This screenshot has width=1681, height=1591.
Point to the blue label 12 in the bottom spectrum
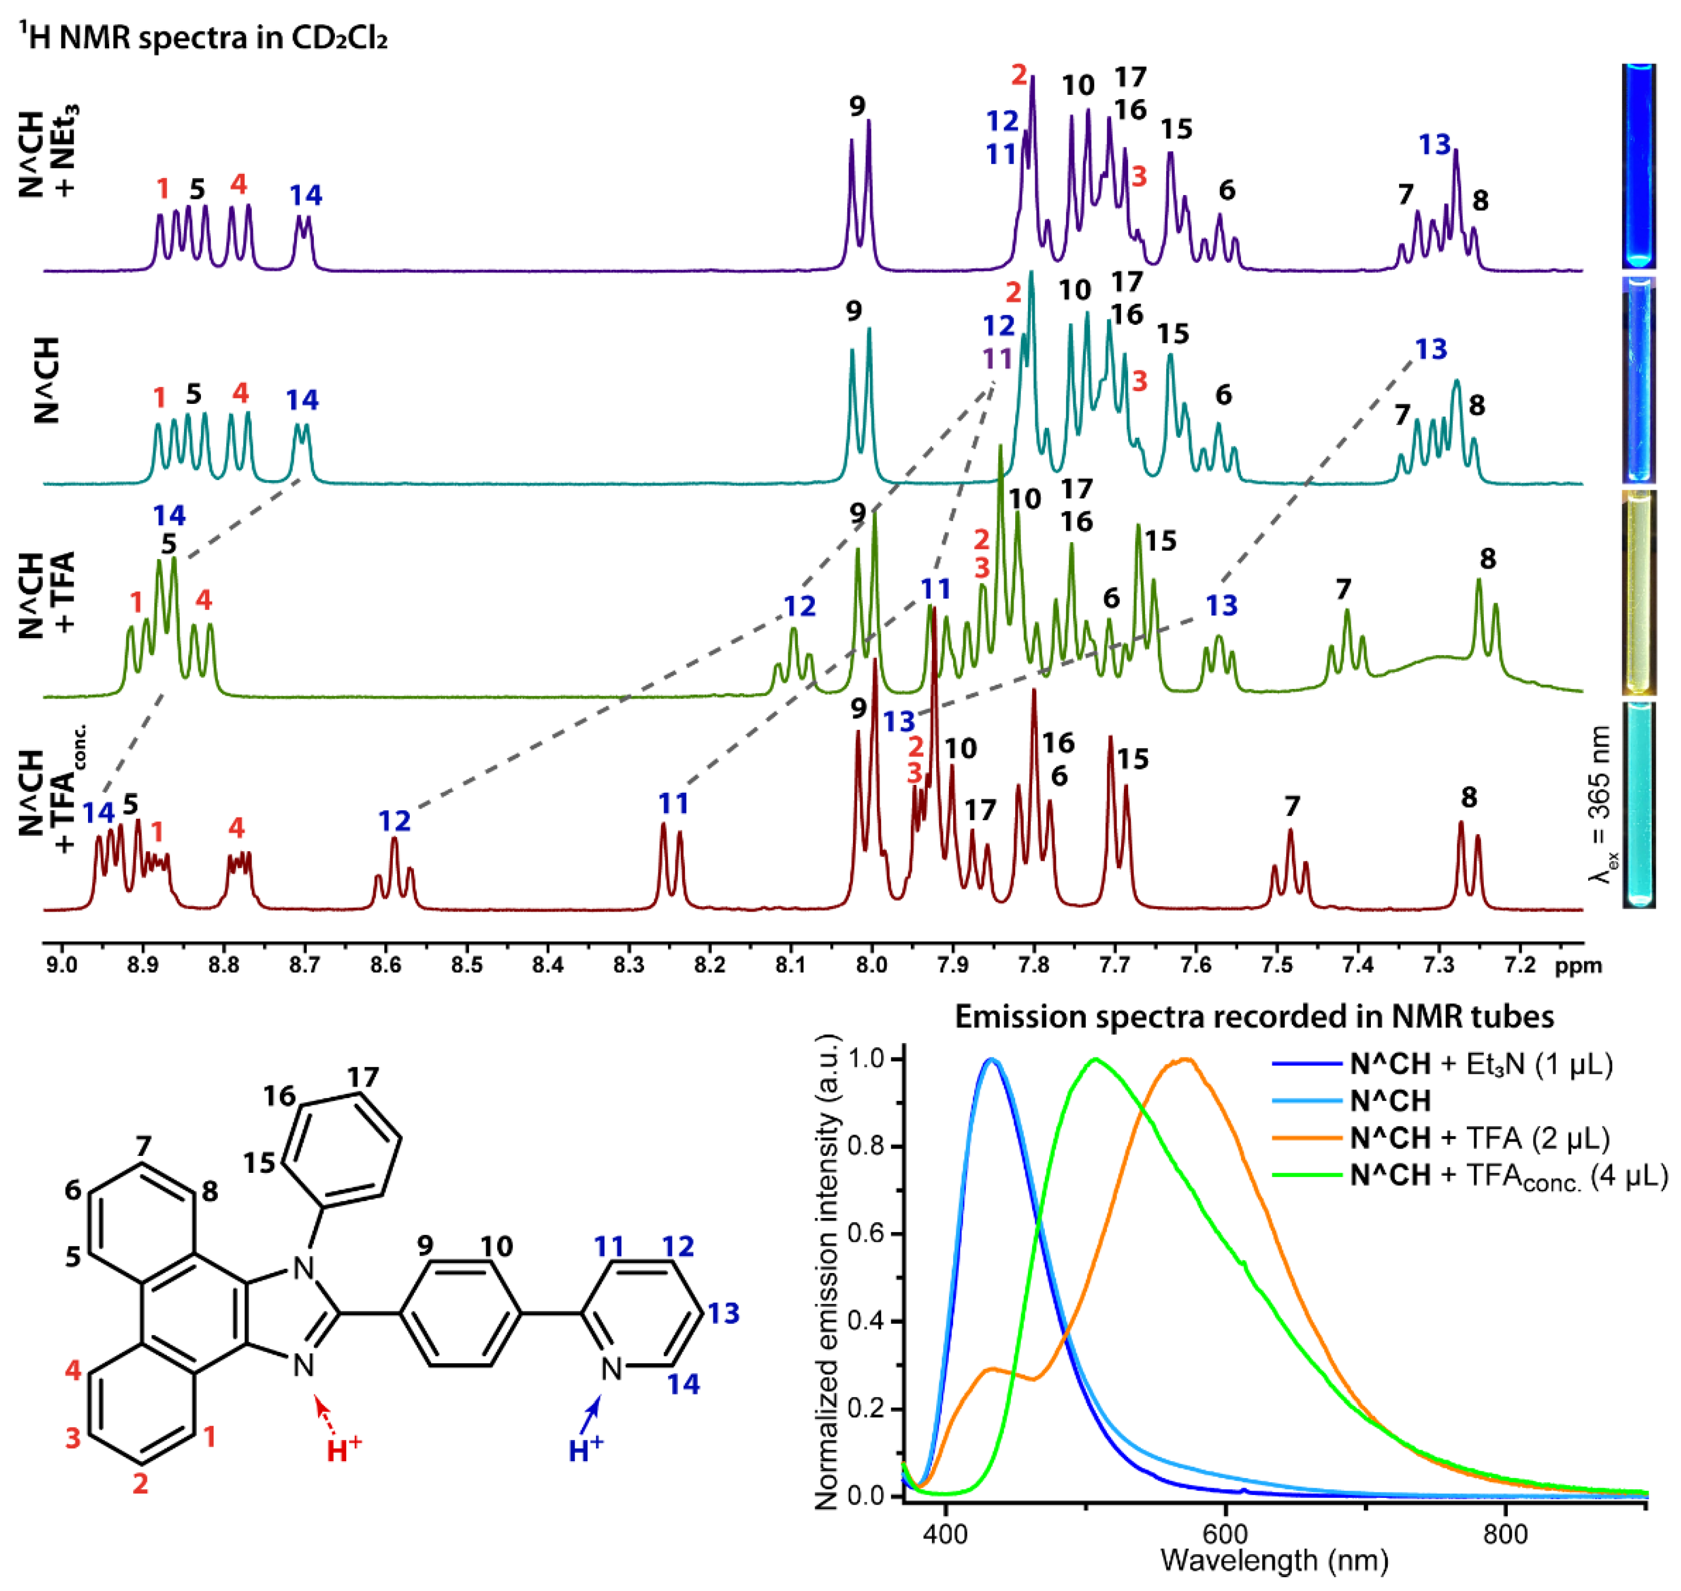coord(394,821)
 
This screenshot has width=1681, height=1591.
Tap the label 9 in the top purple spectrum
coord(857,107)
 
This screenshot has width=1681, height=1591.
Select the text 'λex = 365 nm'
coord(1599,806)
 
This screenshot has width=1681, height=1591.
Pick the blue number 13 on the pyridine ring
coord(724,1313)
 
